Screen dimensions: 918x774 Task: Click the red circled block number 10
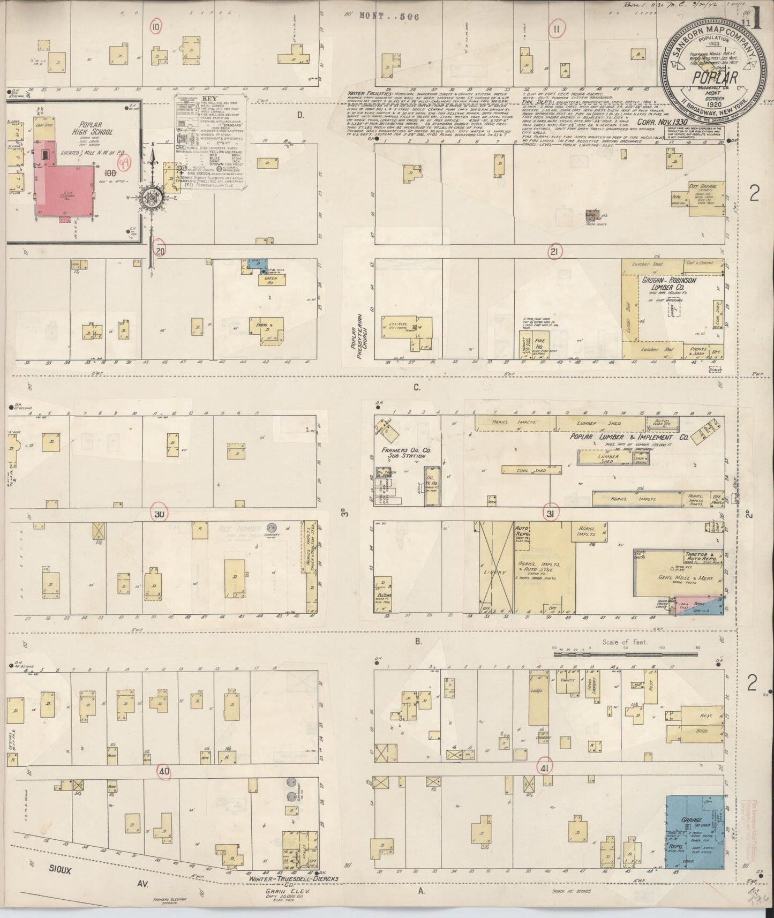click(x=156, y=27)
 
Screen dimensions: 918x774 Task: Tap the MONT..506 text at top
click(x=390, y=17)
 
